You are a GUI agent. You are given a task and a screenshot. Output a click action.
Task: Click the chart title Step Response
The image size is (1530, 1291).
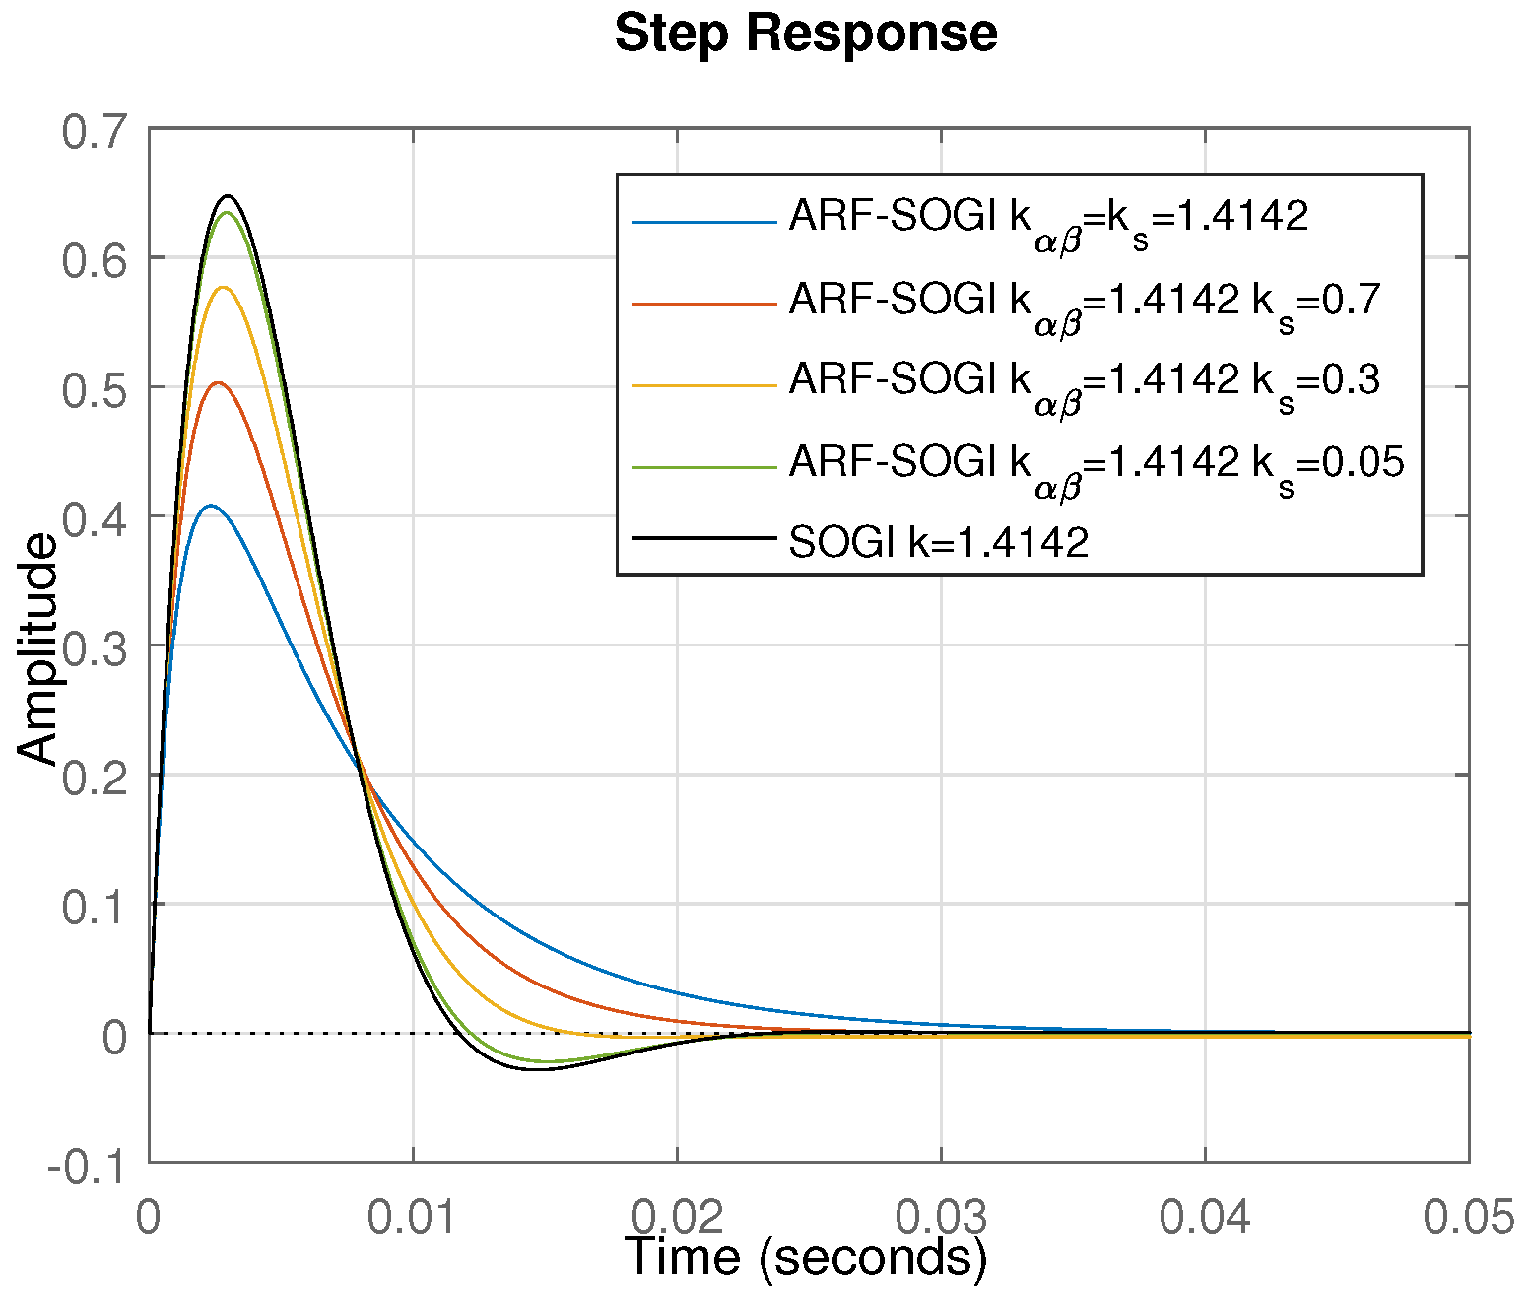tap(806, 34)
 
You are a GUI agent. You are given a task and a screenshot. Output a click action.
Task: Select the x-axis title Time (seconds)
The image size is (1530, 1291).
tap(806, 1257)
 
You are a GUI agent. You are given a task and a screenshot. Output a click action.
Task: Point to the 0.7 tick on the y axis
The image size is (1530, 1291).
tap(95, 132)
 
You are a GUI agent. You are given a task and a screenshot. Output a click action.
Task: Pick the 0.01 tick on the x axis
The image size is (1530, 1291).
tap(412, 1218)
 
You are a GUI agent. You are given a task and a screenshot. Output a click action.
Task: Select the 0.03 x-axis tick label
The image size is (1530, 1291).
tap(941, 1218)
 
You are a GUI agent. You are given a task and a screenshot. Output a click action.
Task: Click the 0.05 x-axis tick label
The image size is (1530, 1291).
tap(1468, 1218)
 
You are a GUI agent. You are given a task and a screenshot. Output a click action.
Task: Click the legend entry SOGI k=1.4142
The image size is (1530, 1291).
tap(939, 541)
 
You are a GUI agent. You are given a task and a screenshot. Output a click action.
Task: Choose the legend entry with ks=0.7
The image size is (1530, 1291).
tap(1084, 300)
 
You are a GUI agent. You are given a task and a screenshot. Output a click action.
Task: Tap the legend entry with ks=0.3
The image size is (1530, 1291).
tap(1084, 380)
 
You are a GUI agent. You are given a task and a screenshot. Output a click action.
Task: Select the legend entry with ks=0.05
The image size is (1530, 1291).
tap(1096, 461)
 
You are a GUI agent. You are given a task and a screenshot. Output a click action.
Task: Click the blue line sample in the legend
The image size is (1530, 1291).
tap(703, 222)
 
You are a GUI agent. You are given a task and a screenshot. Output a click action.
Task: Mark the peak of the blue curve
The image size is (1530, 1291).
tap(211, 506)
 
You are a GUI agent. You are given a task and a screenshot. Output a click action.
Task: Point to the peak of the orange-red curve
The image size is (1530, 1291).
tap(219, 382)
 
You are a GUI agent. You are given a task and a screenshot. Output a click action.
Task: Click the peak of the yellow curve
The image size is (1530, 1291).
tap(224, 287)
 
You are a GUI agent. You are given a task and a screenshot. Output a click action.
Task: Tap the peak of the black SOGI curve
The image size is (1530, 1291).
tap(229, 195)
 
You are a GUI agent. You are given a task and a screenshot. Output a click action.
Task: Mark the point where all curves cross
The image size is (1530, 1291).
tap(359, 760)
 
